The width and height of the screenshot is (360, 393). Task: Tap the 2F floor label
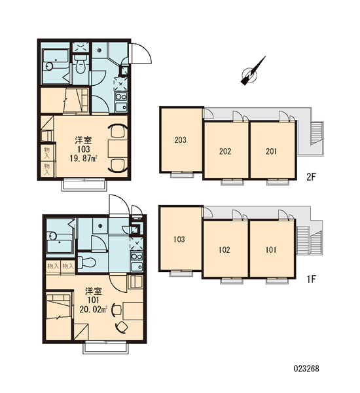click(x=312, y=178)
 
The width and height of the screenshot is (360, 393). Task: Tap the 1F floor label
click(x=312, y=279)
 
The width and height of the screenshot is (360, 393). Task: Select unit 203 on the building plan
click(x=181, y=140)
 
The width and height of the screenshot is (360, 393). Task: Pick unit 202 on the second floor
click(x=225, y=151)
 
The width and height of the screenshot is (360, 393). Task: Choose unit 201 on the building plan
click(x=272, y=151)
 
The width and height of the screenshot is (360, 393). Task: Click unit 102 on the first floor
click(x=225, y=250)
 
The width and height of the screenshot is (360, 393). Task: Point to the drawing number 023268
click(x=306, y=369)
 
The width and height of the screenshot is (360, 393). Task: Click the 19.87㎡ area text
click(x=83, y=159)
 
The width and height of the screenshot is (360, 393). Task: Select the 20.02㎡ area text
click(x=93, y=310)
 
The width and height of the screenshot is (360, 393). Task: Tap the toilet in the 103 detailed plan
click(x=81, y=64)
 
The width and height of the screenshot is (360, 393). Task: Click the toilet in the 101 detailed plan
click(x=86, y=262)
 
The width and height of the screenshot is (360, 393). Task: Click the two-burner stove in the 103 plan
click(x=121, y=96)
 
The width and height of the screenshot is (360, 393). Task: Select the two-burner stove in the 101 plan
click(x=137, y=256)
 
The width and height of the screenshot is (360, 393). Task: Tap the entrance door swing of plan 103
click(x=141, y=53)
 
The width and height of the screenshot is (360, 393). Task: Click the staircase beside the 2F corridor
click(x=317, y=133)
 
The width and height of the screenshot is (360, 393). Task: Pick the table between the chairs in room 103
click(x=118, y=149)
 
